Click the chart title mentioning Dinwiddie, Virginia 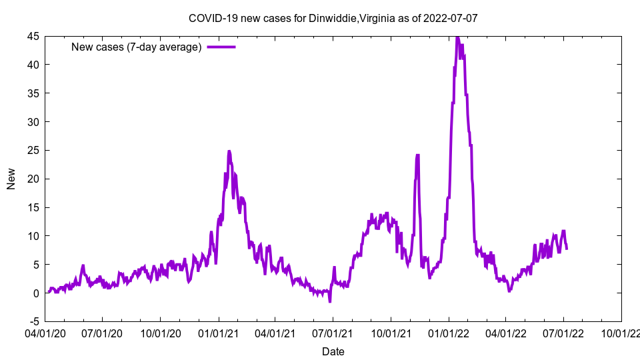click(333, 18)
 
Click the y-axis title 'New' click(11, 179)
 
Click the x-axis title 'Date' click(333, 351)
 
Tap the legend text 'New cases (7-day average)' click(136, 47)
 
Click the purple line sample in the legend click(221, 47)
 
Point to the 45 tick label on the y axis click(33, 36)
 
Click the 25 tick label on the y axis click(33, 151)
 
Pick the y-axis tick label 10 click(33, 236)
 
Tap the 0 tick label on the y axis click(36, 293)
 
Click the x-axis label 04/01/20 click(45, 331)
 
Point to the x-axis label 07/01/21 click(333, 331)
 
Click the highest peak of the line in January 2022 click(457, 37)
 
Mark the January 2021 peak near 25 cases click(229, 151)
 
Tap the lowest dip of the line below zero click(330, 302)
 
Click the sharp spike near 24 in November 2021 click(417, 155)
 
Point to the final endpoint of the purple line click(567, 249)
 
